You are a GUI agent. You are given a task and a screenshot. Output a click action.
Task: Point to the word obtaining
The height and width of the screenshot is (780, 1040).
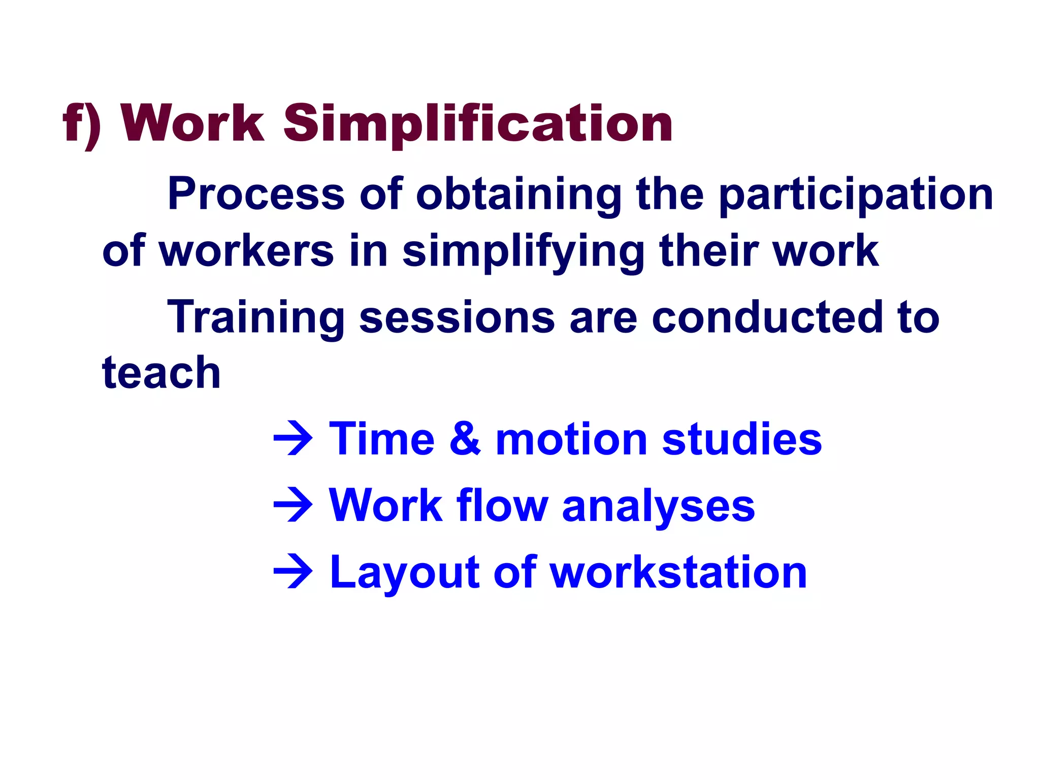point(518,194)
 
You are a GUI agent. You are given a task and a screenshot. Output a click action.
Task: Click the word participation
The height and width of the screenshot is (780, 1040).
point(856,194)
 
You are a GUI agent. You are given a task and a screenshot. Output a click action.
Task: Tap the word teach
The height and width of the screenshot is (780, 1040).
point(161,373)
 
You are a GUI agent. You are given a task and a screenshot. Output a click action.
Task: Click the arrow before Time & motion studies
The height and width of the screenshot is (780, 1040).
point(293,438)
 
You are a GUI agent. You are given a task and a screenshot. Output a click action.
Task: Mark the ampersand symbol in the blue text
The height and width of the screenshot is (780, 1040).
point(465,438)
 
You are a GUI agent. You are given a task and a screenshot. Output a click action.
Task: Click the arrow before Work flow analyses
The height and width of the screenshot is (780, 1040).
point(293,505)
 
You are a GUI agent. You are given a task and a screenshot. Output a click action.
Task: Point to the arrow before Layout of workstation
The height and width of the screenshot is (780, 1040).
point(293,572)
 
